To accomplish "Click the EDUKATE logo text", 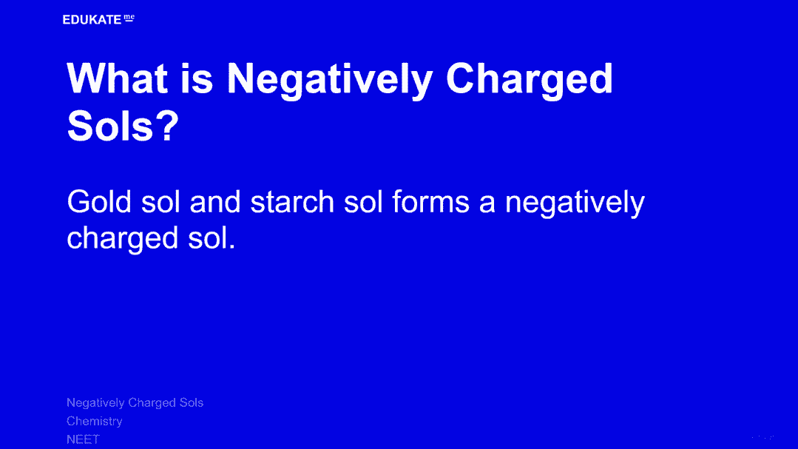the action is click(x=92, y=20).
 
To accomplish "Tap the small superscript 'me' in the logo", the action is click(x=129, y=18).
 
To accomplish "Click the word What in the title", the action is click(x=118, y=79).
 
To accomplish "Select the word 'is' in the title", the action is click(x=197, y=79).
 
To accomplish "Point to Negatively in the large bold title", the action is click(x=330, y=81).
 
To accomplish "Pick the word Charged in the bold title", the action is click(x=530, y=81).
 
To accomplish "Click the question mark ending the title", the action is click(x=167, y=126).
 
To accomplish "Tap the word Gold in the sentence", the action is click(x=98, y=202).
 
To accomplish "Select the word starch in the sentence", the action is click(x=291, y=202).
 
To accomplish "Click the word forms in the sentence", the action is click(x=430, y=202).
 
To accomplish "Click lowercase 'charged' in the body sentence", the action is click(x=123, y=239).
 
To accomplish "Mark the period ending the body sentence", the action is click(x=232, y=246).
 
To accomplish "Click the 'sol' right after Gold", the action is click(x=160, y=202).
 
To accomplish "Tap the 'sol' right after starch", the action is click(x=363, y=202).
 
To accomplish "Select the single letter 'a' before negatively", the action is click(x=487, y=203).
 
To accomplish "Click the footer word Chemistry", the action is click(x=95, y=422).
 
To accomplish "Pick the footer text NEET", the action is click(x=83, y=439).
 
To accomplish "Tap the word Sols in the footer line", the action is click(x=192, y=402).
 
